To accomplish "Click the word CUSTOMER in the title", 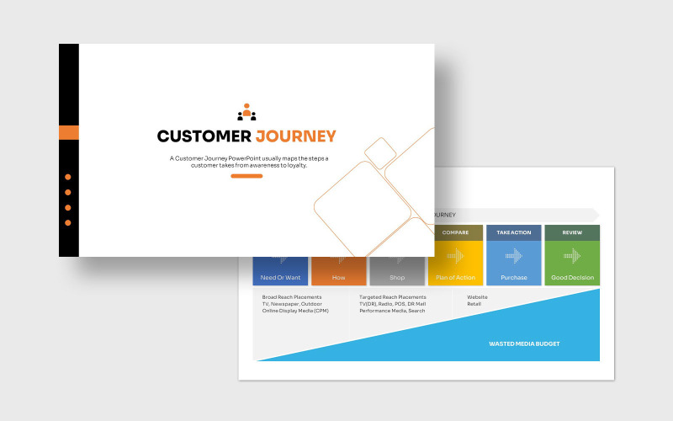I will (204, 136).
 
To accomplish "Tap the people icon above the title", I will (246, 112).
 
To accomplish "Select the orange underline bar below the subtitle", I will (246, 176).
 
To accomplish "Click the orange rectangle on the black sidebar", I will (69, 132).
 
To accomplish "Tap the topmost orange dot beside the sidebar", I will (68, 177).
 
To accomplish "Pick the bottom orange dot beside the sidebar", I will (68, 222).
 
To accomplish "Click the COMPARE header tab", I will (455, 232).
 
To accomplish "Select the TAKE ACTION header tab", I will (513, 232).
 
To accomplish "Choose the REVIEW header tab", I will (572, 232).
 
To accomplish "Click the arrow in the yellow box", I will (455, 255).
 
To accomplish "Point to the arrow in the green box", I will (572, 255).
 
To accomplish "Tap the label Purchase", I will (513, 277).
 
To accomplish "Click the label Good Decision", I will (572, 277).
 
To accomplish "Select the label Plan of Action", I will (455, 277).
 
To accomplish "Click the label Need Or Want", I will (280, 277).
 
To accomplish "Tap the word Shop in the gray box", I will (397, 277).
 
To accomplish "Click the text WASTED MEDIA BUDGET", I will (524, 344).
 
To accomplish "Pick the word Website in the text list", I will (477, 297).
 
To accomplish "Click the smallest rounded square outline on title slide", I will (380, 152).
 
